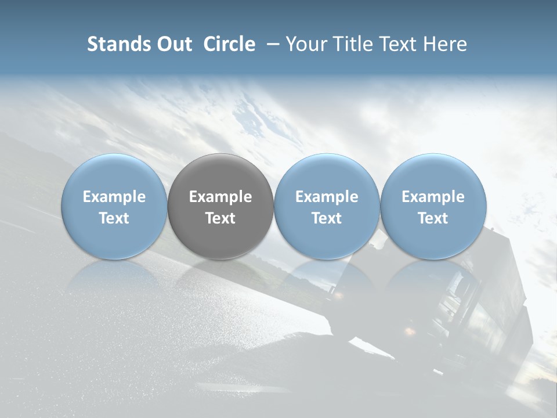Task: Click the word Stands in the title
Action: point(119,44)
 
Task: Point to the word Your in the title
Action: point(305,44)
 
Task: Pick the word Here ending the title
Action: point(445,44)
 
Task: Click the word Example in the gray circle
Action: point(220,197)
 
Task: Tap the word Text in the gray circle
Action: point(220,218)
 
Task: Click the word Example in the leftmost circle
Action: point(114,197)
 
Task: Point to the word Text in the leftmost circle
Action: point(114,218)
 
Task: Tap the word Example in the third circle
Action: point(327,197)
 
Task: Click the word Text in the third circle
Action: point(327,218)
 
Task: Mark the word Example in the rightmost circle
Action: point(433,197)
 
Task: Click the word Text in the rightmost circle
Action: point(433,218)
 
